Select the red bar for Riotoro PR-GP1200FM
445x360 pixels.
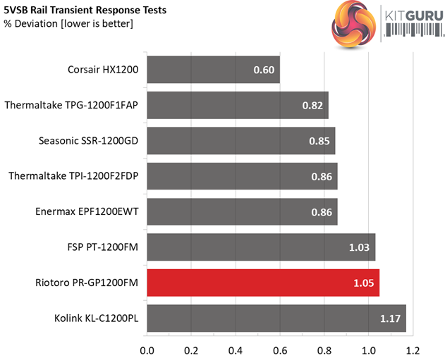pyautogui.click(x=263, y=283)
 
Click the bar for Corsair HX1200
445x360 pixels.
pyautogui.click(x=213, y=70)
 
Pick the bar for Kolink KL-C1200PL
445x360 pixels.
pyautogui.click(x=276, y=318)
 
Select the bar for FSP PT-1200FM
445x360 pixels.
pyautogui.click(x=261, y=247)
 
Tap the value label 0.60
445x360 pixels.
pyautogui.click(x=263, y=70)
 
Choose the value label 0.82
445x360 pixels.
pyautogui.click(x=312, y=106)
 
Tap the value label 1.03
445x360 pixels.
pyautogui.click(x=359, y=247)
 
